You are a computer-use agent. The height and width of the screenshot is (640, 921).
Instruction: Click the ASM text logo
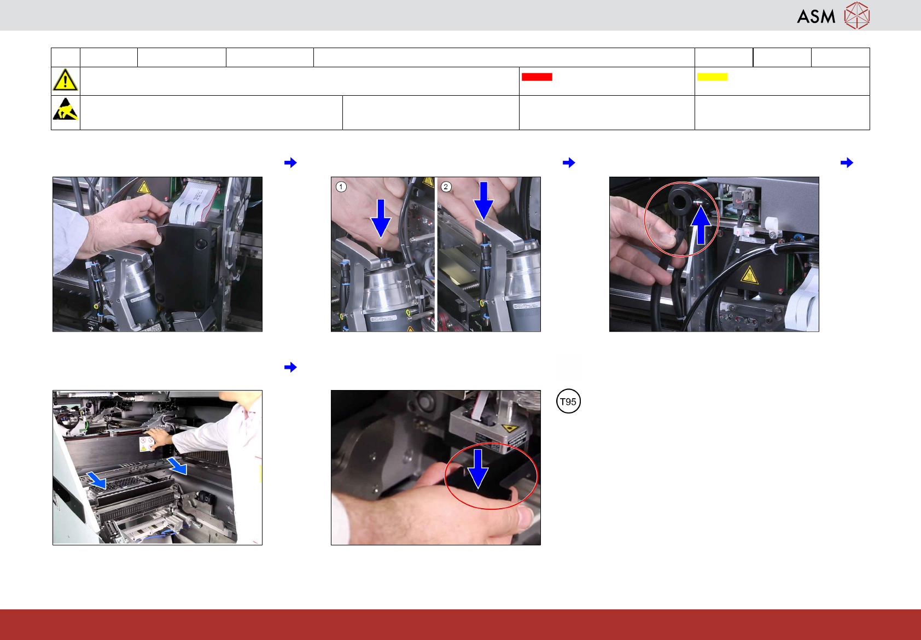tap(816, 16)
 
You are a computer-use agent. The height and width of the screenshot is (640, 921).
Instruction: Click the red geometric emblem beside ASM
tap(857, 16)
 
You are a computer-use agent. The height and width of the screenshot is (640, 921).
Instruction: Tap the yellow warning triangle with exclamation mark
tap(65, 80)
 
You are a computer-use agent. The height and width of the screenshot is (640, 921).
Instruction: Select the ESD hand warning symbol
tap(65, 109)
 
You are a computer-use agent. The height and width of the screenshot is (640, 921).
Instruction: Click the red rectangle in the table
tap(537, 77)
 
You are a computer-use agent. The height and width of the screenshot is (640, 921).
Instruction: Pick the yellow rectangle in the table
tap(712, 77)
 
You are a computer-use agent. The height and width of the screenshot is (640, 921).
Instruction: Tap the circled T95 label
tap(568, 401)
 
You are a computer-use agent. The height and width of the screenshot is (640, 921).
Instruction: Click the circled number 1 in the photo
tap(341, 187)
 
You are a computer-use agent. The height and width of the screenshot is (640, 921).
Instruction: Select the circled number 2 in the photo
tap(446, 187)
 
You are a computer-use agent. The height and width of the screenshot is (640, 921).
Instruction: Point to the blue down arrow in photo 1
tap(381, 218)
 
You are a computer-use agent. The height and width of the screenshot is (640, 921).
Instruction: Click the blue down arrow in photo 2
tap(483, 201)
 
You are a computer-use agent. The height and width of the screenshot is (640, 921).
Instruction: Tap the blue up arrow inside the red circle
tap(701, 225)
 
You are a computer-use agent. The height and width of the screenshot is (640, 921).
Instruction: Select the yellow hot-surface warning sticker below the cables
tap(749, 275)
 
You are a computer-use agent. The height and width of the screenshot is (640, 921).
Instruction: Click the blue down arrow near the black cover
tap(478, 469)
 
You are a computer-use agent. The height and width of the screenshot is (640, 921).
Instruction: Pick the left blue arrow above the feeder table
tap(97, 480)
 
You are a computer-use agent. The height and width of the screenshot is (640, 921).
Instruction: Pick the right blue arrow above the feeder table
tap(177, 466)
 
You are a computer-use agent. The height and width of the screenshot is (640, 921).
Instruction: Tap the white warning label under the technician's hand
tap(146, 444)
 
